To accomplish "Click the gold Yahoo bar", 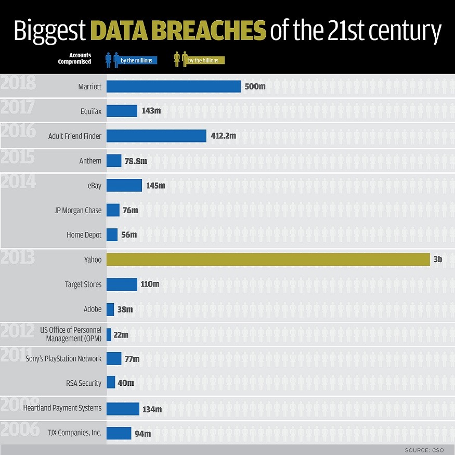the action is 268,259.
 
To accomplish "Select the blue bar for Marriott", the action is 174,86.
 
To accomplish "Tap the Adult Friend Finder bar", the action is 157,136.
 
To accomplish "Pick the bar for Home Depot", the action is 112,235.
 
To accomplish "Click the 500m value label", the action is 255,86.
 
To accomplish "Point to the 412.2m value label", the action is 224,136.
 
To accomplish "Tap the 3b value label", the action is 438,259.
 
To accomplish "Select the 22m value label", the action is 121,334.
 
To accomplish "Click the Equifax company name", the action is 91,111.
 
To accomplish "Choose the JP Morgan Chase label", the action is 78,211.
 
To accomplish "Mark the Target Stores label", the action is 83,284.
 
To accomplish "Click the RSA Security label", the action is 84,383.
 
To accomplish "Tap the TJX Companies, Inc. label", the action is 74,433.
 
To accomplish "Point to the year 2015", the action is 17,157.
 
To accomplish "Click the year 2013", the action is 17,257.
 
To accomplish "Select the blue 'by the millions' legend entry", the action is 131,60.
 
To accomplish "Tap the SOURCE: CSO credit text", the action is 424,450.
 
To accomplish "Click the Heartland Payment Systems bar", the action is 123,409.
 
